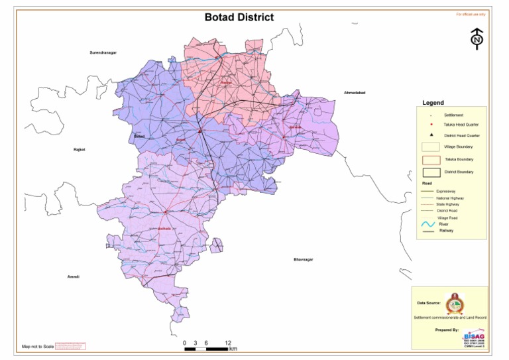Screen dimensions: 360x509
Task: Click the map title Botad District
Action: pos(239,17)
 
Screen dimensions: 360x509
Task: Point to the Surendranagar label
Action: pos(103,52)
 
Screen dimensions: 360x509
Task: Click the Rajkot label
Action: pos(79,150)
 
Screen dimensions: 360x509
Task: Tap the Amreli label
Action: pos(73,276)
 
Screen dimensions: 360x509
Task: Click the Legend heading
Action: pos(433,103)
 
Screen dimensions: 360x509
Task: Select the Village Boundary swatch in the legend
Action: pos(431,147)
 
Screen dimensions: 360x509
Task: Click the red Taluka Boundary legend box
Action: pos(431,160)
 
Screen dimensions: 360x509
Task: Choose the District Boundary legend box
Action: pos(431,172)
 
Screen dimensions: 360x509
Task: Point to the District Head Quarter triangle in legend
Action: pos(431,135)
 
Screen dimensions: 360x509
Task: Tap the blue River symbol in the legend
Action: pos(427,225)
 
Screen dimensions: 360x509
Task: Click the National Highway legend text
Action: pos(450,198)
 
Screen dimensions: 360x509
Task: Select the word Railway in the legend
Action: pos(446,231)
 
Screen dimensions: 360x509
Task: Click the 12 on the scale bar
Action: pos(228,343)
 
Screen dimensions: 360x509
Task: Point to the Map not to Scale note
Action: pos(36,347)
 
